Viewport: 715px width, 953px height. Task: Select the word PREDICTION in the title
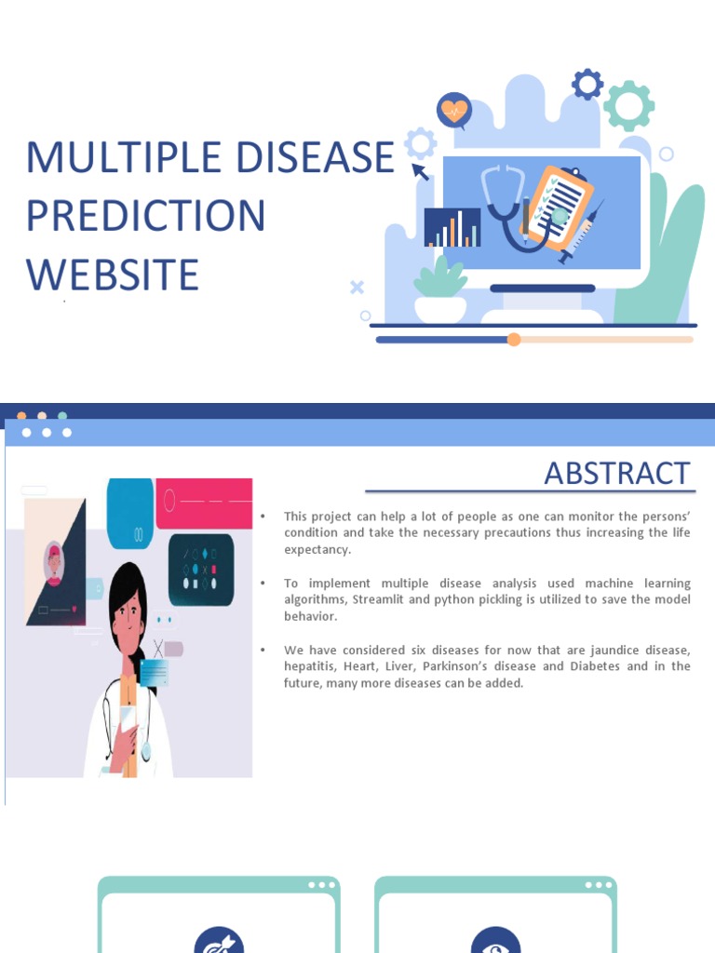point(145,216)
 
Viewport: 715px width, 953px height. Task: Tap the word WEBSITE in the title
point(112,275)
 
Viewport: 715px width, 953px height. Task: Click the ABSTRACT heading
point(617,473)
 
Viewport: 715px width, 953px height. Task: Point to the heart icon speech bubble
point(453,111)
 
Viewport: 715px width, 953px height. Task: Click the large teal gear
point(628,104)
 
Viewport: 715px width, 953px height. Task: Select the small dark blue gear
point(587,85)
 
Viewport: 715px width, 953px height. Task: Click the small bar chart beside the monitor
point(452,228)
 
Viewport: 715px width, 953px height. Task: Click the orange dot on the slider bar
point(514,340)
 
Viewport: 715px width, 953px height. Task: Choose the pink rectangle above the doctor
point(204,503)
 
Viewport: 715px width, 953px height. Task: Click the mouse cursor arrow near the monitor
point(420,171)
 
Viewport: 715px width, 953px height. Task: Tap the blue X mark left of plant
point(357,287)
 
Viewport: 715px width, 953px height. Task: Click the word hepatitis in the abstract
point(310,666)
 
